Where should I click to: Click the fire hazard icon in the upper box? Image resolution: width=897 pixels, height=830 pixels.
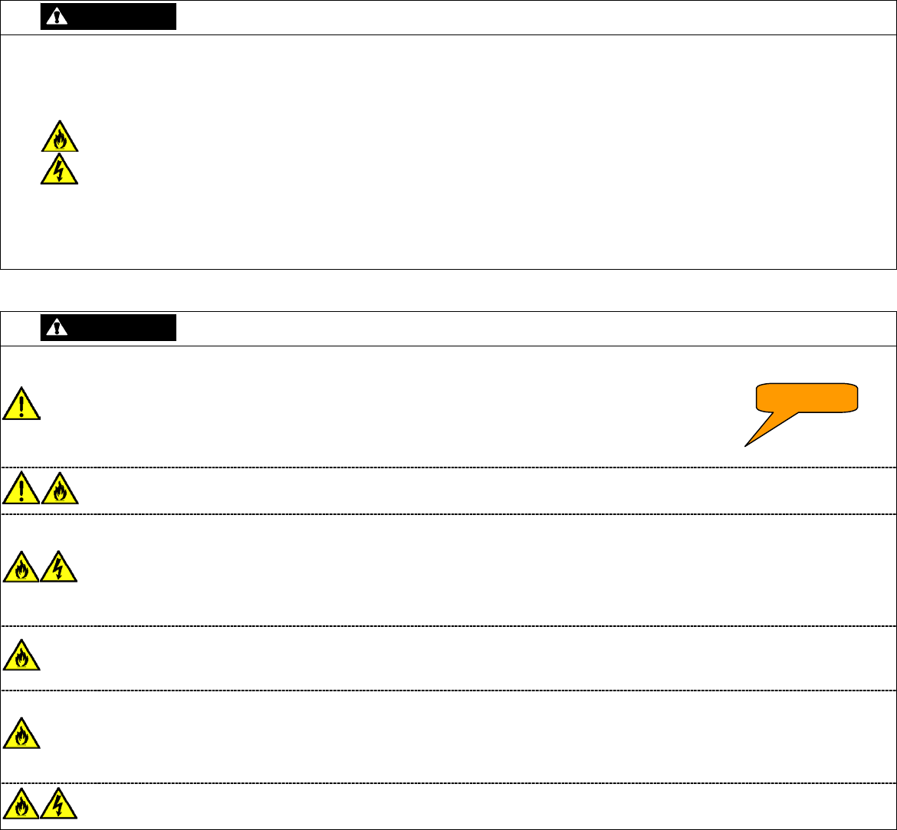coord(59,138)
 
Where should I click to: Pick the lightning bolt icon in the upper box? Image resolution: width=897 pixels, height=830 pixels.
coord(59,169)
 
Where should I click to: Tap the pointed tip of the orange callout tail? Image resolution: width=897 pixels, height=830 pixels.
coord(744,445)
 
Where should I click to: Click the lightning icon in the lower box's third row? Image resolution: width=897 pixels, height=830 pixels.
coord(59,568)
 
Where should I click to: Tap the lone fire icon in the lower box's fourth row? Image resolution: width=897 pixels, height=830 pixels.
coord(21,656)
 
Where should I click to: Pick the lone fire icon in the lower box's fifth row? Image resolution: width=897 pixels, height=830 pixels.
coord(21,733)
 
